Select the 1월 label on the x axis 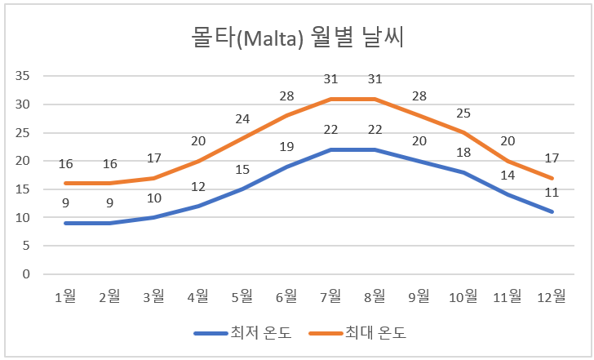(x=65, y=296)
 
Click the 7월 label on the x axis (x=330, y=296)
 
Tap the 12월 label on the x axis (x=552, y=296)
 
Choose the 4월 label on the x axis (x=198, y=296)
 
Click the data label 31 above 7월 (x=330, y=79)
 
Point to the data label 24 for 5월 (x=242, y=118)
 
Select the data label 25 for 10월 (x=463, y=113)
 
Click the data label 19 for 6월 (x=286, y=147)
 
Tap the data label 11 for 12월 (x=552, y=193)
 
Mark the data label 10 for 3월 (x=154, y=198)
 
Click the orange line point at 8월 (x=375, y=99)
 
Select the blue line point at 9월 (x=419, y=161)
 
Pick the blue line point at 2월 (x=109, y=223)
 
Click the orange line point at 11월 (x=508, y=161)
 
